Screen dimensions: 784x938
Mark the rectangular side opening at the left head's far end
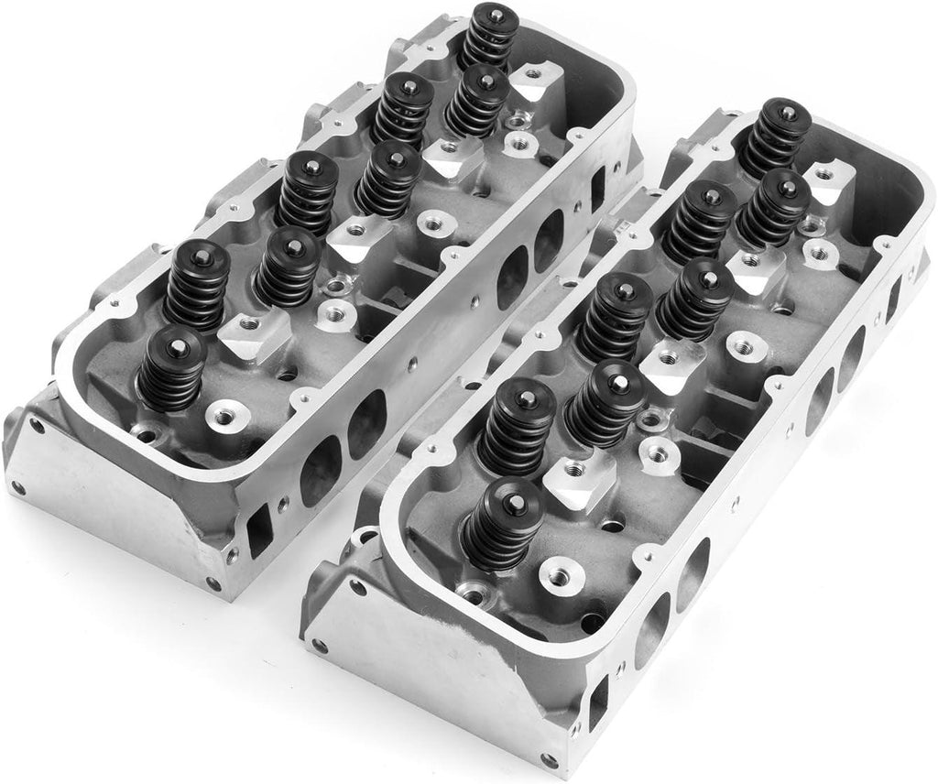point(598,184)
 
